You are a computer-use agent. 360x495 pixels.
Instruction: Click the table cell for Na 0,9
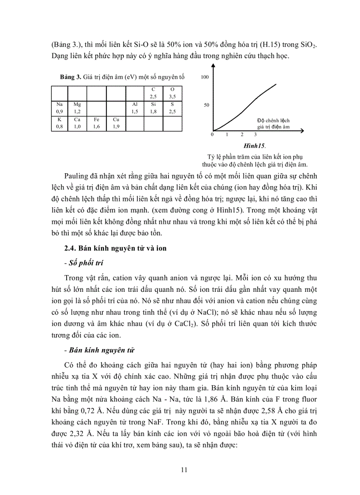(x=59, y=108)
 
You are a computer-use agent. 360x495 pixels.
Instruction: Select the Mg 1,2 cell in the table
(x=77, y=108)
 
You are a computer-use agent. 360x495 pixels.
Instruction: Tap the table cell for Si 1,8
(x=153, y=108)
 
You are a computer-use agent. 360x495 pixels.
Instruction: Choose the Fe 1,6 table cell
(x=97, y=123)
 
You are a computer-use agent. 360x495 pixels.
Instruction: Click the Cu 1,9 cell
(x=116, y=123)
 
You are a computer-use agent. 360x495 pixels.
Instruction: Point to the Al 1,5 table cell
(x=135, y=108)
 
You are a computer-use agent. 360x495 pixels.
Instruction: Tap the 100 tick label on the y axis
(x=204, y=77)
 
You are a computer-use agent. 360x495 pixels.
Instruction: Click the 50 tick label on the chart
(x=206, y=105)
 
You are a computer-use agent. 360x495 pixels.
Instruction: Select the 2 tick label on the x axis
(x=242, y=134)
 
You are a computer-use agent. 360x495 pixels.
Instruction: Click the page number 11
(x=184, y=470)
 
